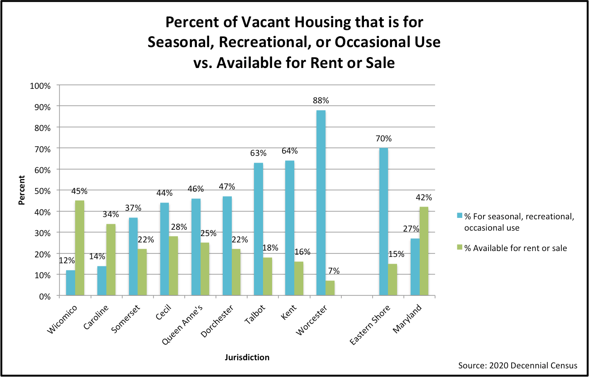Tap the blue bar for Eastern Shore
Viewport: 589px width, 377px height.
coord(384,222)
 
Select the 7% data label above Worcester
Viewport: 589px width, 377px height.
coord(334,271)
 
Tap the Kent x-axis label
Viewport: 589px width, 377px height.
coord(288,312)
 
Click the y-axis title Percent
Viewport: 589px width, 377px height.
coord(21,190)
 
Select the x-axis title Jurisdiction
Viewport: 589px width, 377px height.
coord(247,358)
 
